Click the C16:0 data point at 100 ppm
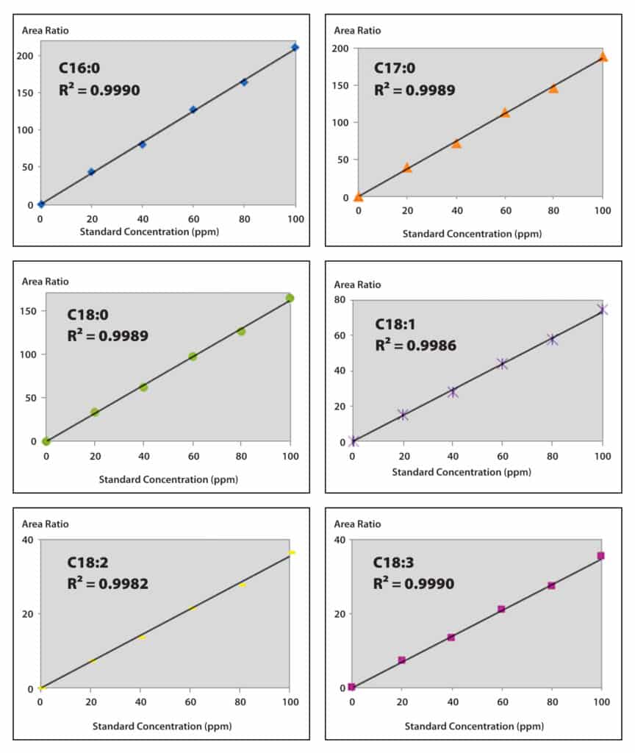tap(295, 47)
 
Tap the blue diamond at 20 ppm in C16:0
tap(91, 172)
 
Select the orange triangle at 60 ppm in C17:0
tap(505, 113)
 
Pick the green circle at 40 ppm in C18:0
tap(143, 387)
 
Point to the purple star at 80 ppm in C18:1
tap(552, 340)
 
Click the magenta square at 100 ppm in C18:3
tap(600, 556)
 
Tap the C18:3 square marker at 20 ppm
tap(401, 660)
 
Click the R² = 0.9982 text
tap(107, 584)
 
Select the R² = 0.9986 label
tap(415, 345)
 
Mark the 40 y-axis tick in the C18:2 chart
tap(27, 540)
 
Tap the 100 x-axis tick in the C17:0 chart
tap(602, 211)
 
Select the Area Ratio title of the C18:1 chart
tap(357, 285)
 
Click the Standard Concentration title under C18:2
tap(162, 726)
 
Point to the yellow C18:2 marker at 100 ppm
tap(292, 552)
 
